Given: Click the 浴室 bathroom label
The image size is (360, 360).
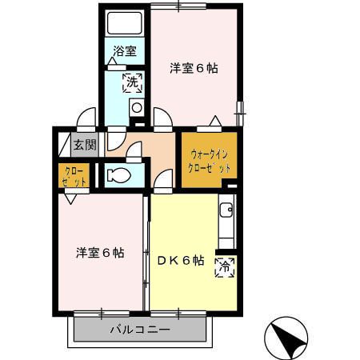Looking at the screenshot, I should (124, 51).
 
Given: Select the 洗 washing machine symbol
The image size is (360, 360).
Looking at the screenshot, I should (130, 81).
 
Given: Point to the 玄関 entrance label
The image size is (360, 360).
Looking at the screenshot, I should (83, 145).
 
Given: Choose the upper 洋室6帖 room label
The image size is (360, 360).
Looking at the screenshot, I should (194, 68).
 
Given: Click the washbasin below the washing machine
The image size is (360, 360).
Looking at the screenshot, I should (136, 107).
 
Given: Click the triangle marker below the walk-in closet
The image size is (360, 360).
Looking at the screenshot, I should (164, 190).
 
